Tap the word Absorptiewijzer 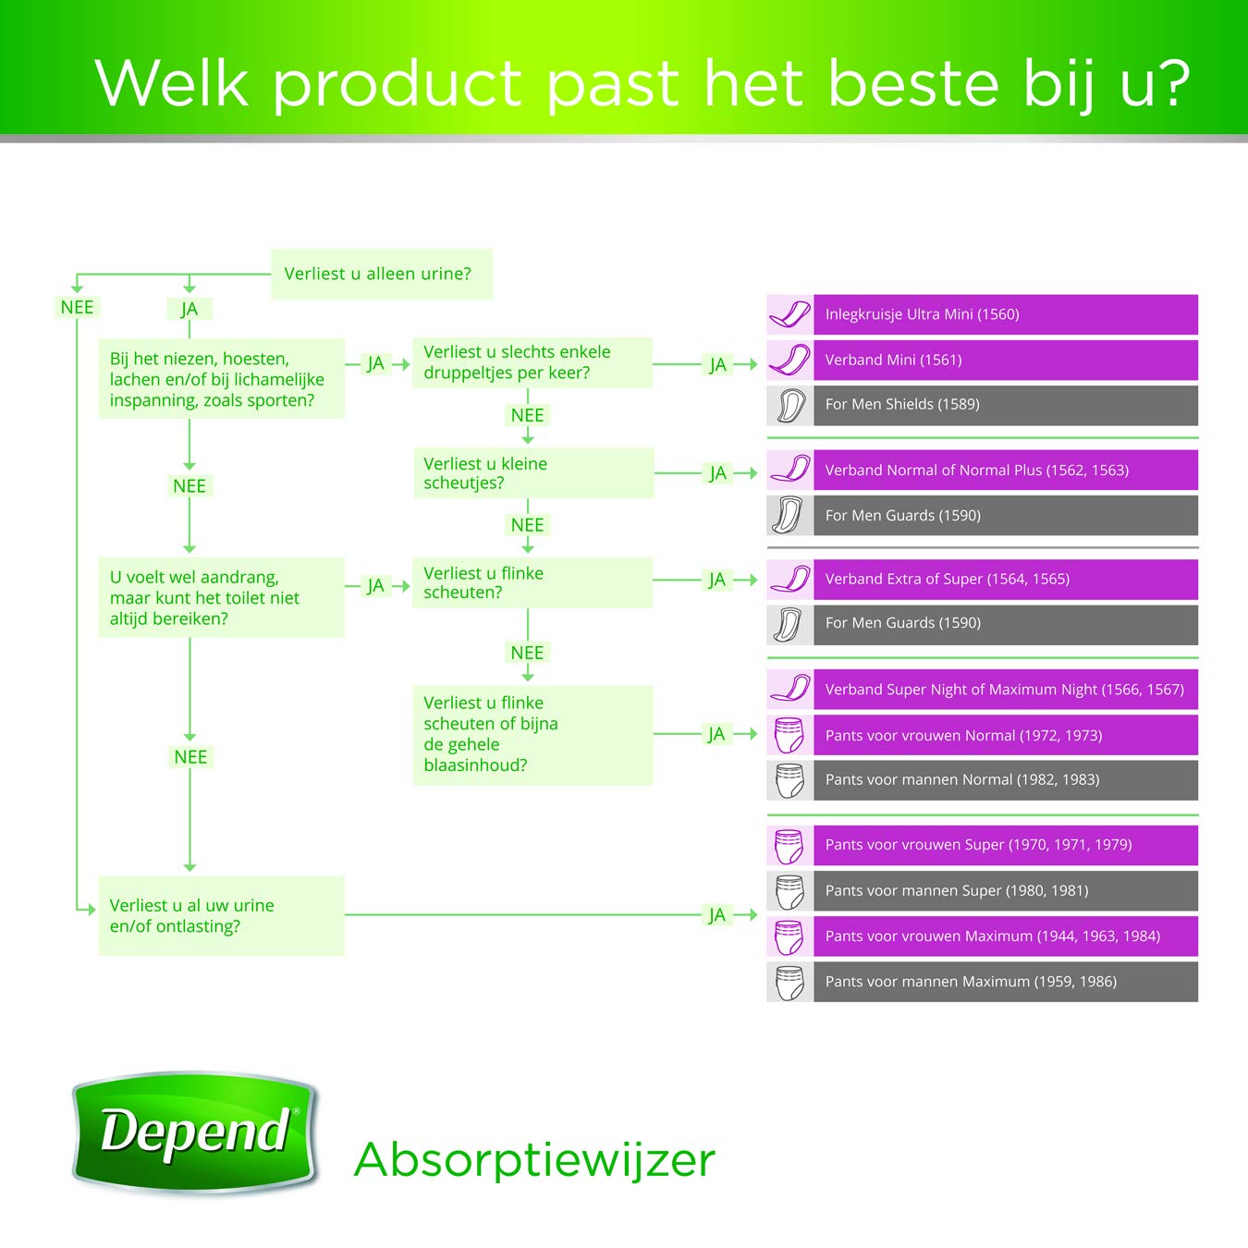pyautogui.click(x=534, y=1160)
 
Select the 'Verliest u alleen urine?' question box pyautogui.click(x=382, y=274)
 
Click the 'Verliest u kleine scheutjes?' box pyautogui.click(x=533, y=472)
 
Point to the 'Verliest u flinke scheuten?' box pyautogui.click(x=532, y=582)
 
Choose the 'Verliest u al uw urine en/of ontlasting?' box pyautogui.click(x=221, y=915)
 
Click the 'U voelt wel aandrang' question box pyautogui.click(x=221, y=597)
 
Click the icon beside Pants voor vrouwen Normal pyautogui.click(x=789, y=735)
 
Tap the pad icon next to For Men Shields pyautogui.click(x=789, y=406)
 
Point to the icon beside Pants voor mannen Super pyautogui.click(x=789, y=890)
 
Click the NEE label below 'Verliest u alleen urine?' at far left pyautogui.click(x=77, y=307)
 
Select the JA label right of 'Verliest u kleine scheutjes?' pyautogui.click(x=717, y=473)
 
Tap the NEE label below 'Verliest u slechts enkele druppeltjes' pyautogui.click(x=527, y=415)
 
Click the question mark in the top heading pyautogui.click(x=1171, y=83)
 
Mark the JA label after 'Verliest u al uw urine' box pyautogui.click(x=717, y=915)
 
